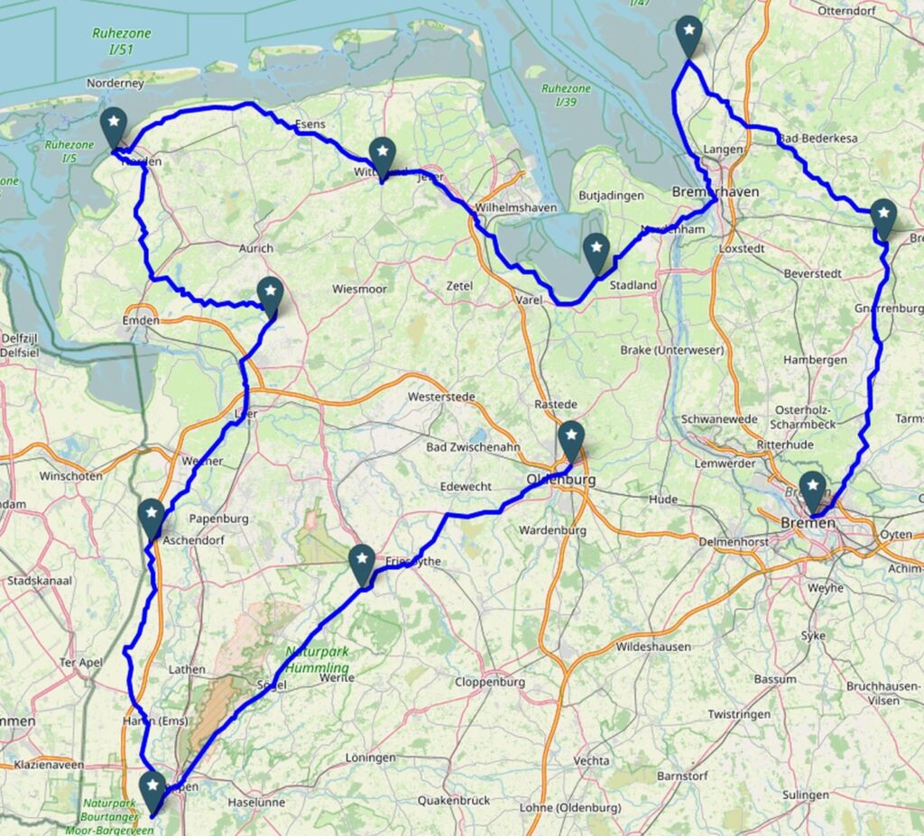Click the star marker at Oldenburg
coord(571,439)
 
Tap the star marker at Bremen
coord(813,489)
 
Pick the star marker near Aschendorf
coord(152,517)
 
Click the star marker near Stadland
coord(596,251)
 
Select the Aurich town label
coord(256,248)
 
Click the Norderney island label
coord(115,83)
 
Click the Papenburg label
coord(218,519)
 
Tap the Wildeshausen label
coord(653,647)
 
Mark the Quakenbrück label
coord(453,800)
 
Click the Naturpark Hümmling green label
coord(317,659)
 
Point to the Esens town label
coord(310,125)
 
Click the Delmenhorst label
coord(736,542)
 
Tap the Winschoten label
coord(70,475)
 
